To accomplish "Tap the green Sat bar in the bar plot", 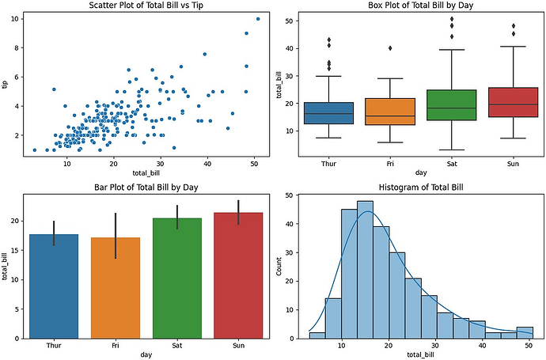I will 176,277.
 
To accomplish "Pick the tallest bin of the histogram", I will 365,269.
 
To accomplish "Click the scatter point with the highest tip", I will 258,19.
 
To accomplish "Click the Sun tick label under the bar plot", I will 238,346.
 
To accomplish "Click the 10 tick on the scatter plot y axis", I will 17,19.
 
